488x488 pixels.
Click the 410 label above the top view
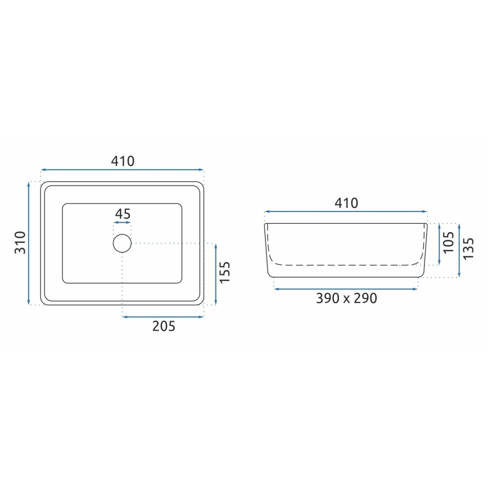click(x=123, y=161)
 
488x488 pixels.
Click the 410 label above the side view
click(x=346, y=203)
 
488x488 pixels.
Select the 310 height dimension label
click(x=20, y=242)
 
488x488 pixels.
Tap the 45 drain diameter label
click(x=123, y=214)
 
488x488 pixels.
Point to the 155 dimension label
click(x=224, y=272)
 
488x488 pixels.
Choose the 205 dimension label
click(x=164, y=326)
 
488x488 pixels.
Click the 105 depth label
click(x=449, y=242)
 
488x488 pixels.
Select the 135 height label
click(x=468, y=248)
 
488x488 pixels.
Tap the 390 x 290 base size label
click(x=346, y=298)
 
